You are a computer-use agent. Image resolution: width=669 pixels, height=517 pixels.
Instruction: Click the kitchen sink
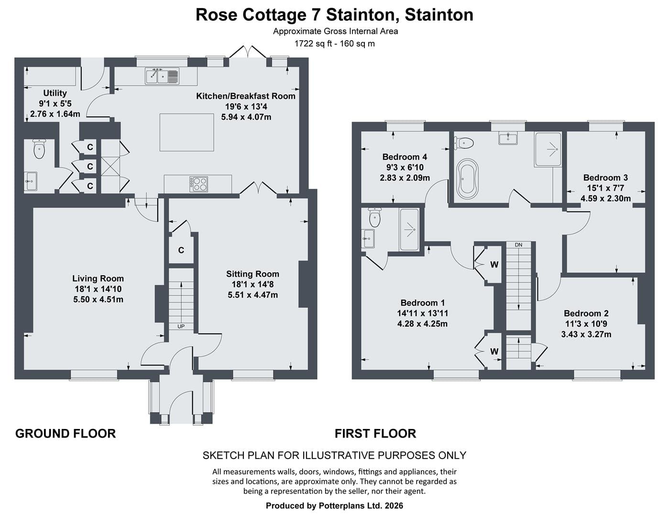click(x=162, y=76)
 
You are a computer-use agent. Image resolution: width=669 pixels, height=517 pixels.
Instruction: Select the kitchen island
click(x=186, y=132)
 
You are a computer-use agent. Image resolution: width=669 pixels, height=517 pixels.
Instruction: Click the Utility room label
click(x=55, y=93)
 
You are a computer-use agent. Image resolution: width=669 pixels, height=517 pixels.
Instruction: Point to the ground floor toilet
click(x=39, y=149)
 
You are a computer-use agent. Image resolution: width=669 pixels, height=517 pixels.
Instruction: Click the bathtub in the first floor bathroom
click(x=468, y=179)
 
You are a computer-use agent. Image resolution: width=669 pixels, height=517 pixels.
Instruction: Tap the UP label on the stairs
click(x=181, y=326)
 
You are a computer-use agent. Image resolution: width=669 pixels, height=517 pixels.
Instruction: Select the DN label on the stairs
click(x=518, y=245)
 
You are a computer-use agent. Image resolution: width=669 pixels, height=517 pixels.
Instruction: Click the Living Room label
click(x=98, y=279)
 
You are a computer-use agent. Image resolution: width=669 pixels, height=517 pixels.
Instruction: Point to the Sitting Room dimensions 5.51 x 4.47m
click(x=253, y=295)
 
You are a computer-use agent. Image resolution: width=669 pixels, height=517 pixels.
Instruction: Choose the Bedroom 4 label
click(x=405, y=157)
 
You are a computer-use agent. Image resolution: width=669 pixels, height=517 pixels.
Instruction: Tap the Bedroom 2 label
click(x=586, y=314)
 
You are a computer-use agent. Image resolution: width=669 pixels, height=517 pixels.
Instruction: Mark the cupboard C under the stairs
click(x=181, y=250)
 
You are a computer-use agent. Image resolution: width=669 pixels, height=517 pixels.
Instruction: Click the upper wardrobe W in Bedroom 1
click(x=494, y=265)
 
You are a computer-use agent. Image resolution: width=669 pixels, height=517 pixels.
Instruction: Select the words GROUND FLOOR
click(x=66, y=434)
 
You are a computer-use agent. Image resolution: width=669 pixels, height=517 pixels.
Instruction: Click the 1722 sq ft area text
click(x=314, y=44)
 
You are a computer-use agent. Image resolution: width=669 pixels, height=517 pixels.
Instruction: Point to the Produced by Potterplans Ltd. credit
click(x=334, y=506)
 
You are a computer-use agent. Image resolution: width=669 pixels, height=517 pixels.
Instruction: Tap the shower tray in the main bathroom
click(x=548, y=150)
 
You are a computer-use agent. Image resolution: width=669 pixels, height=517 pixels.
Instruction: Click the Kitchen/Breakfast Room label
click(x=246, y=96)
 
